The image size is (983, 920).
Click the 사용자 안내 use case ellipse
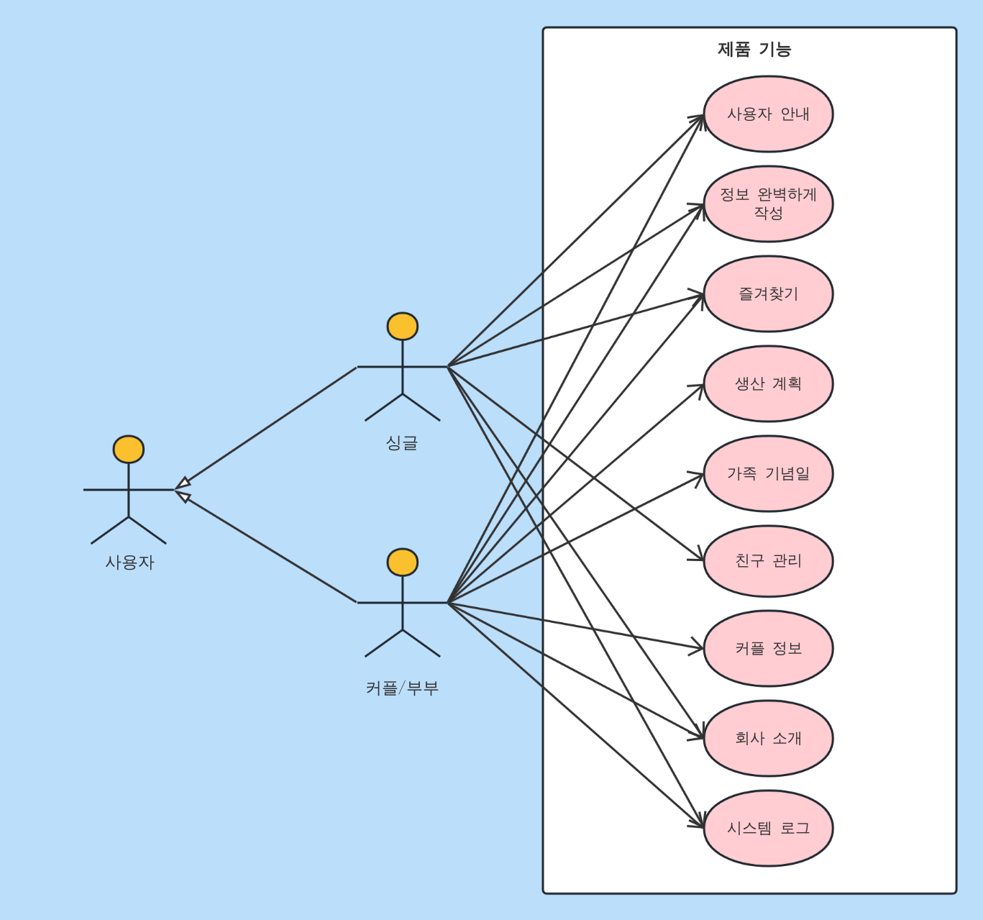click(x=768, y=114)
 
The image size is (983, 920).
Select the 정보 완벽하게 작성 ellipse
click(x=768, y=204)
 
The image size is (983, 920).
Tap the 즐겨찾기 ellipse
click(x=768, y=293)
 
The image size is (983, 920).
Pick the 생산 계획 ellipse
click(x=768, y=383)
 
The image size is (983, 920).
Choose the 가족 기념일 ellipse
click(x=768, y=474)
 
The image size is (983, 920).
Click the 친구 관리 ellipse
click(x=768, y=561)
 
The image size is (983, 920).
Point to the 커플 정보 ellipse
click(x=768, y=648)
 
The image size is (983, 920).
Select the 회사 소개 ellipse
click(x=768, y=738)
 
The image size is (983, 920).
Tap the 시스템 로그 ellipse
click(x=768, y=828)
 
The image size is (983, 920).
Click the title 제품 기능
click(x=754, y=50)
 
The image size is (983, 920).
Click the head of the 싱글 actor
click(x=403, y=326)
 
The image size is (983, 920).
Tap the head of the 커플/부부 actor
click(x=403, y=562)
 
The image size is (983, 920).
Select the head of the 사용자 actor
click(x=129, y=449)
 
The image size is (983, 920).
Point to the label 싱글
click(x=402, y=442)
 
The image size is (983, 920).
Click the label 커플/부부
click(x=402, y=688)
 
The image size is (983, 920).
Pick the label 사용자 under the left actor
click(x=129, y=563)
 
